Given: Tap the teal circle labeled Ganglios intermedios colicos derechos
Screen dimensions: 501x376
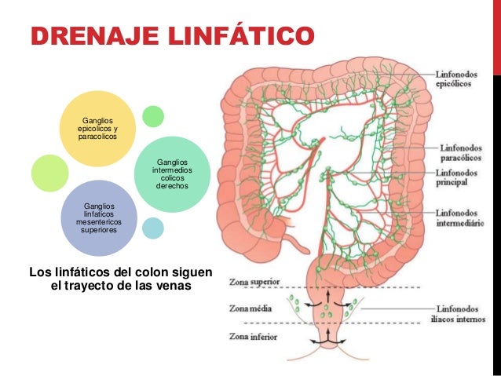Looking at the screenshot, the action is pos(172,173).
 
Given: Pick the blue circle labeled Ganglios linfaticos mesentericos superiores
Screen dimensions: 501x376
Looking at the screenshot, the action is pos(99,219).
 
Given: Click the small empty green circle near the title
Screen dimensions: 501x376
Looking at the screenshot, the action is pos(153,116).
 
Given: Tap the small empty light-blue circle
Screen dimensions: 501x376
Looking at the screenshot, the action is pos(153,228).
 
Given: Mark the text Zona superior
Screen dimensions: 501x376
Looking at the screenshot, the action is pos(251,280).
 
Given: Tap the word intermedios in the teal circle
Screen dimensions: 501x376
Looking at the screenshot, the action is pos(172,170).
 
